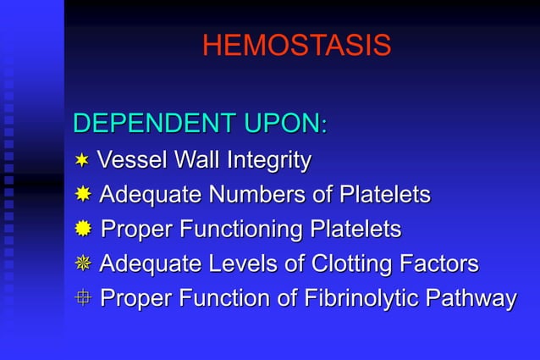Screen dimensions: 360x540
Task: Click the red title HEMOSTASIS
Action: click(x=296, y=46)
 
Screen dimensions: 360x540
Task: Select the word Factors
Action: click(x=440, y=263)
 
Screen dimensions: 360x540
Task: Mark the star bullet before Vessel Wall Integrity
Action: click(x=82, y=159)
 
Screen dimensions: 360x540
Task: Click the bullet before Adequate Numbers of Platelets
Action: click(x=83, y=195)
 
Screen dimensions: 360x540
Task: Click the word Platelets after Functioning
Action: click(x=355, y=229)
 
